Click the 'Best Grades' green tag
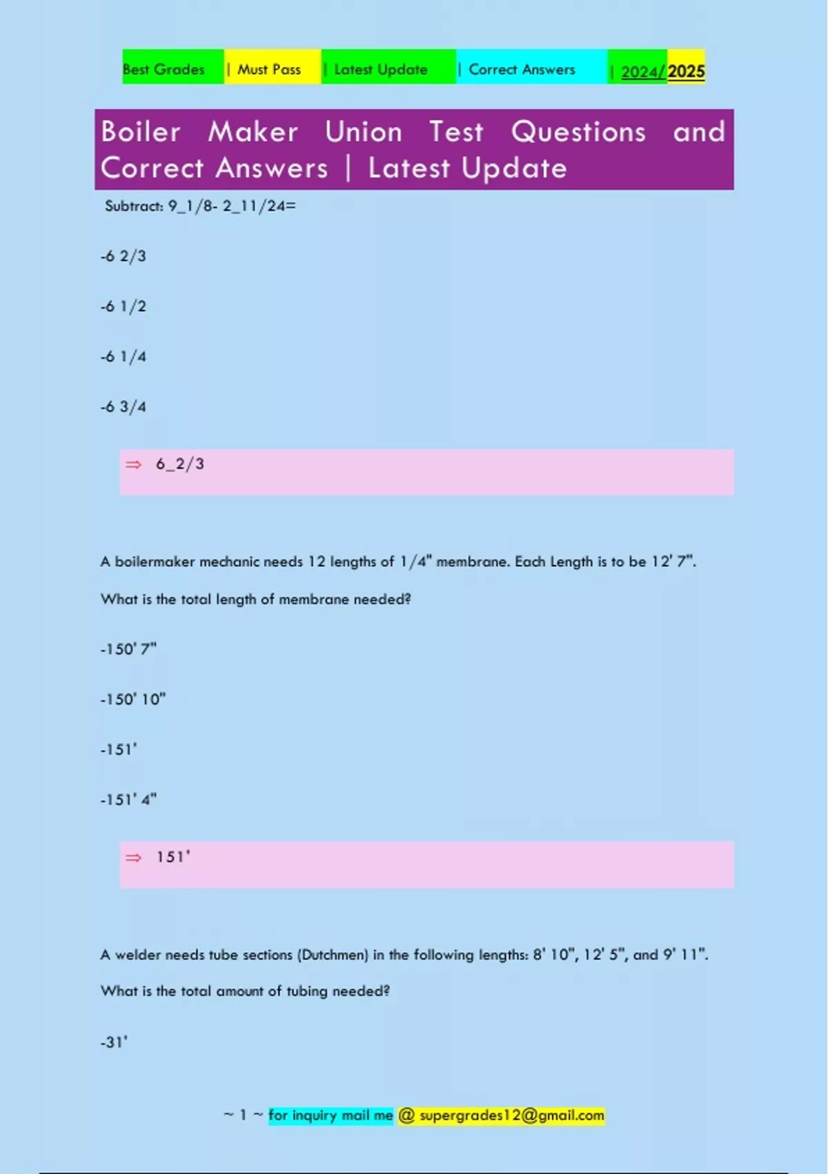(x=164, y=69)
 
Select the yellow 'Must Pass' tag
(x=269, y=69)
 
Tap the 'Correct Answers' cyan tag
(x=522, y=69)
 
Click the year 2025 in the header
(x=686, y=71)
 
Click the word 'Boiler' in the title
(x=141, y=131)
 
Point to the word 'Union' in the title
(x=364, y=131)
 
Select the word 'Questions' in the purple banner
(x=578, y=131)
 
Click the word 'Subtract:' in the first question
(x=134, y=206)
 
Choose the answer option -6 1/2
(x=124, y=306)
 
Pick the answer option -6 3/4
(x=124, y=407)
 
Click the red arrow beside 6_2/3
(x=133, y=465)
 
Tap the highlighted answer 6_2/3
(x=180, y=464)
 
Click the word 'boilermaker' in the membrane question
(x=155, y=561)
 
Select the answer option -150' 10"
(x=133, y=699)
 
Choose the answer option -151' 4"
(x=128, y=800)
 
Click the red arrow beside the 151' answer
(x=133, y=858)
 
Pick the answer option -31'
(x=115, y=1042)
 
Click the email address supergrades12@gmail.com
(x=511, y=1115)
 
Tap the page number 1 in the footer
(x=243, y=1115)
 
